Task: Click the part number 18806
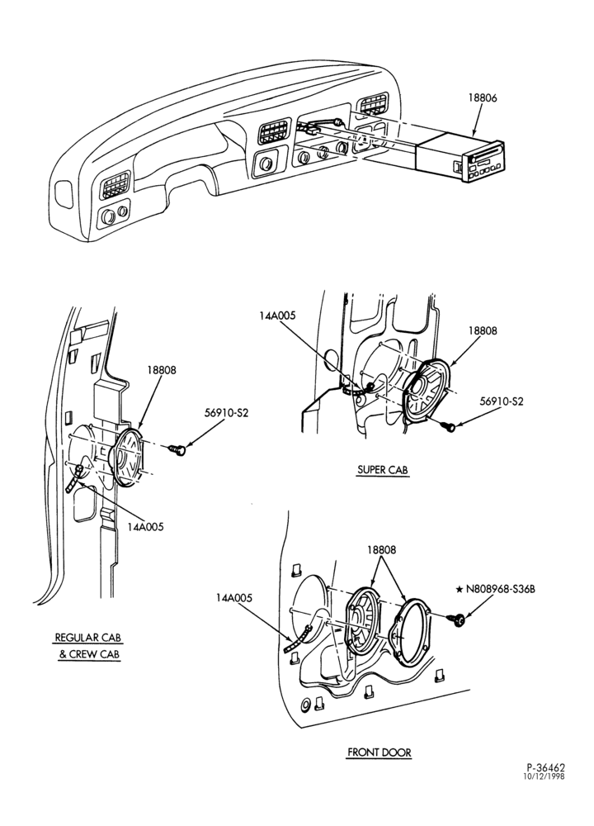point(483,97)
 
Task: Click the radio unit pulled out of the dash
point(460,158)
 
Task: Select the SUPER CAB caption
point(383,470)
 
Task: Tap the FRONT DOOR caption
point(379,752)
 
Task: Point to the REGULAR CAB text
point(88,638)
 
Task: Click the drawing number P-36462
point(545,768)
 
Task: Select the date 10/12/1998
point(544,776)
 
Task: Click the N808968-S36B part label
point(500,590)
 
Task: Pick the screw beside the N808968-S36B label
point(457,620)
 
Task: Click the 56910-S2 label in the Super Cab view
point(502,401)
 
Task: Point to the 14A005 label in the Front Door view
point(233,598)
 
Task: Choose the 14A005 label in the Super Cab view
point(277,316)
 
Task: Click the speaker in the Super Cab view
point(425,391)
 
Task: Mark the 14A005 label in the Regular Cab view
point(145,527)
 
